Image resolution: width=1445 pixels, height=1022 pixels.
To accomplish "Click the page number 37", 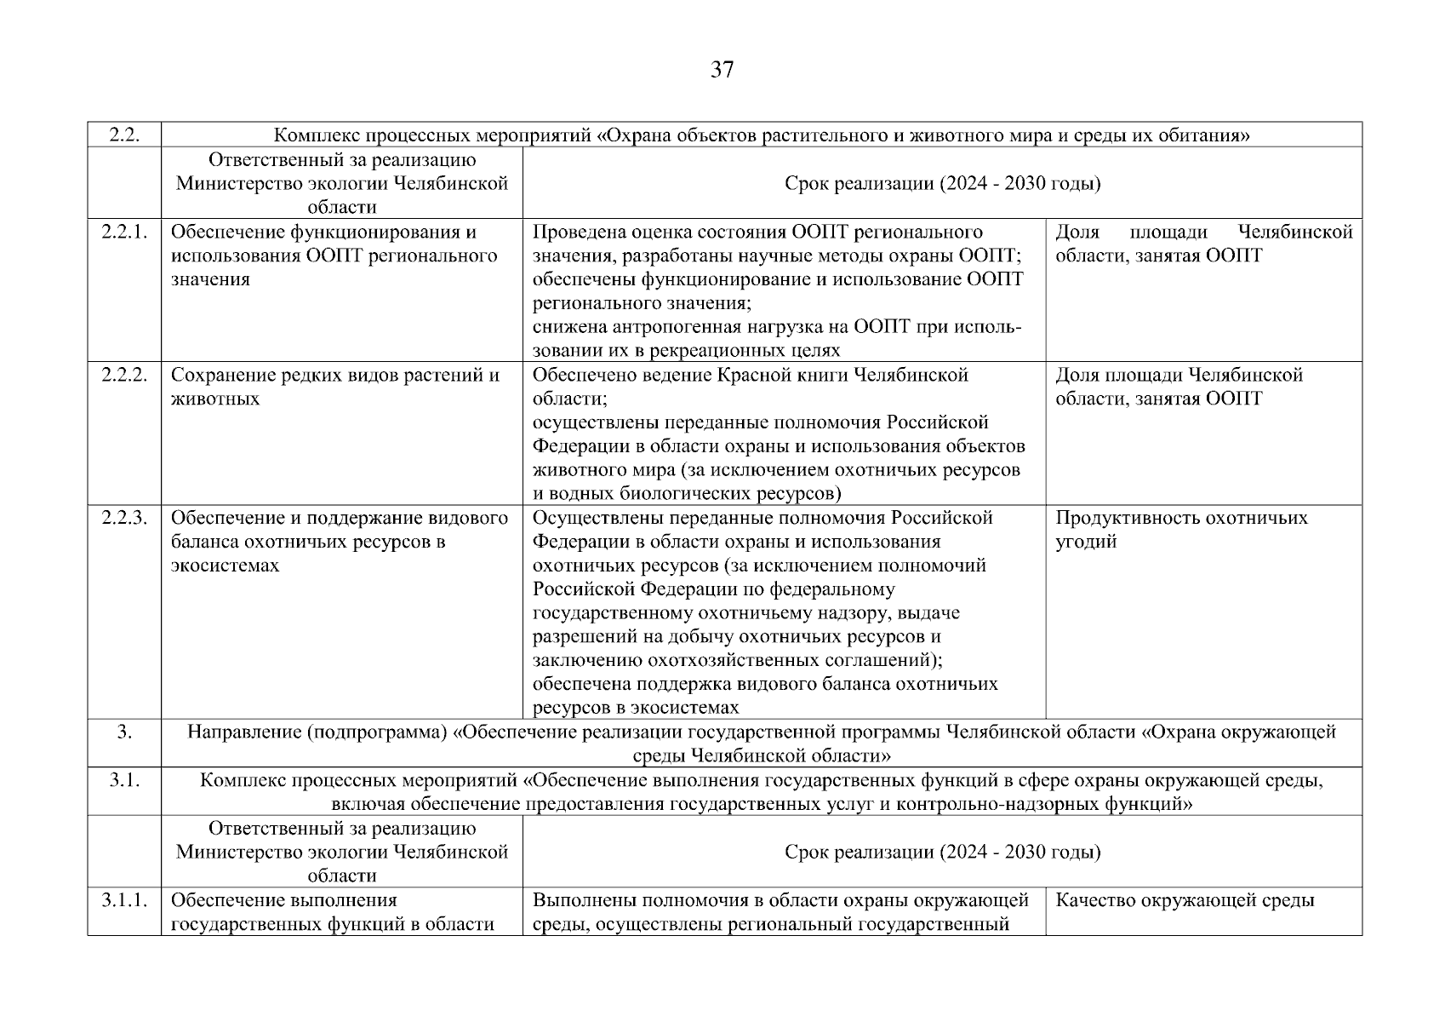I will point(722,70).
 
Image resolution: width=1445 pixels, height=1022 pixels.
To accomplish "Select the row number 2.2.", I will point(124,135).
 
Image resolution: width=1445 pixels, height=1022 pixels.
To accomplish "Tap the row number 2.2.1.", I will point(124,232).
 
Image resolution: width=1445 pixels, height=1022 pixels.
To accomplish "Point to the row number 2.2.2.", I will point(124,375).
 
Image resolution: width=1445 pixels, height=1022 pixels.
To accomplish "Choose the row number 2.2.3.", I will point(124,518).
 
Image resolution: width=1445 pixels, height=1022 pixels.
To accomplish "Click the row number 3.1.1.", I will point(124,900).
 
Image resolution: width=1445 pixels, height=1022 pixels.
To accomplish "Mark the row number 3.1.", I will point(124,780).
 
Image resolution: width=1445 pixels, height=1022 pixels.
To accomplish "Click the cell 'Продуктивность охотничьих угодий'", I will point(1181,530).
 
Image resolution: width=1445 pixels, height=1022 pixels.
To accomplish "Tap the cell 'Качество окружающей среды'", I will point(1185,900).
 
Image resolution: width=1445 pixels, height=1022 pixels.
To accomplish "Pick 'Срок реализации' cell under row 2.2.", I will point(942,184).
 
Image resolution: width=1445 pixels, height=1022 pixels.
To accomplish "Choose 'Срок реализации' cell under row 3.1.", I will point(942,853).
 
